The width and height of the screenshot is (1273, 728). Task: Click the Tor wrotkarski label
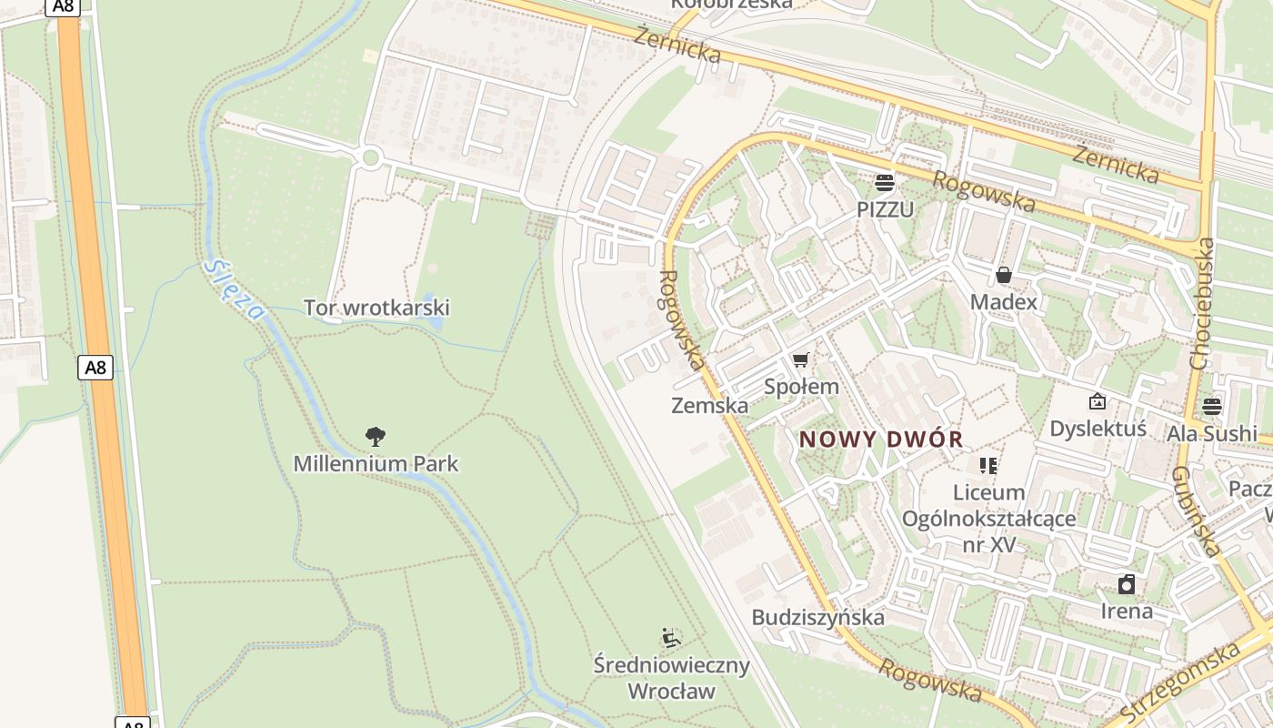376,308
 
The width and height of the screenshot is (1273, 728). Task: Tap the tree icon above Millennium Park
376,437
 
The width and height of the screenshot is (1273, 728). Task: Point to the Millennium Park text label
376,463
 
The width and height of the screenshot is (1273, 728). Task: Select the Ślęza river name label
235,290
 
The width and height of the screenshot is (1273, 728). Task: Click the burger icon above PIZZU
884,182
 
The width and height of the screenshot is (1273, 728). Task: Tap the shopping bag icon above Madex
1004,274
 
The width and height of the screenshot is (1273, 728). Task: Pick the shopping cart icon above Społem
800,360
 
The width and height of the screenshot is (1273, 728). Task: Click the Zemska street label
709,405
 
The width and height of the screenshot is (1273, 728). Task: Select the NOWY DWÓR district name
881,440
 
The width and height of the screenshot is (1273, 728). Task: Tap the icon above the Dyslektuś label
1098,401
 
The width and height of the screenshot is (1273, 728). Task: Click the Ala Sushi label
1212,433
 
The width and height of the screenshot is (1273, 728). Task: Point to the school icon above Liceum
988,466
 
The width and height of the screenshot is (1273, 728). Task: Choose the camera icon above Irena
1127,583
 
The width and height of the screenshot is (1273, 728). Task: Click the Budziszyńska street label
817,617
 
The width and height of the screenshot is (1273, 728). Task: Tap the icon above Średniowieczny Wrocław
671,638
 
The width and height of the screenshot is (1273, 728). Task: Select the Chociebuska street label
1201,303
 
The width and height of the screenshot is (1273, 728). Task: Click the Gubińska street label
1195,511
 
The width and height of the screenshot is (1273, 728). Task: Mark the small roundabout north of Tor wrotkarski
370,158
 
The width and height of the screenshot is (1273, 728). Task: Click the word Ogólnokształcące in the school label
988,519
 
